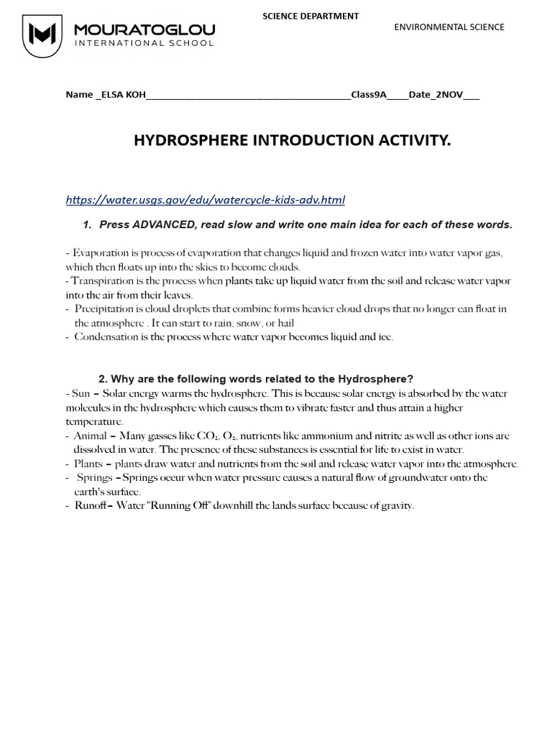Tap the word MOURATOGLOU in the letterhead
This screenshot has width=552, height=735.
(x=144, y=29)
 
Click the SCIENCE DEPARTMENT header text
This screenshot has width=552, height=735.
(x=310, y=16)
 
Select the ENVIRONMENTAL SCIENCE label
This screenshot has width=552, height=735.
(x=449, y=27)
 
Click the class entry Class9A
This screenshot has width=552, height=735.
(x=369, y=95)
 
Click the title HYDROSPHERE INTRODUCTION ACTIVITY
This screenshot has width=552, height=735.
(x=292, y=141)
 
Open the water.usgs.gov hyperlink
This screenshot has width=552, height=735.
(x=205, y=200)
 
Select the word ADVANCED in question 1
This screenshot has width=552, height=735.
(x=162, y=225)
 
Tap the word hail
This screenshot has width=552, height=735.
(x=285, y=324)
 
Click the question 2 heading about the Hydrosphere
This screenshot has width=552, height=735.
(x=256, y=379)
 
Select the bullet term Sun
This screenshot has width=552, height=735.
(x=81, y=393)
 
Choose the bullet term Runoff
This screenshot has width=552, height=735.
(x=90, y=506)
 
